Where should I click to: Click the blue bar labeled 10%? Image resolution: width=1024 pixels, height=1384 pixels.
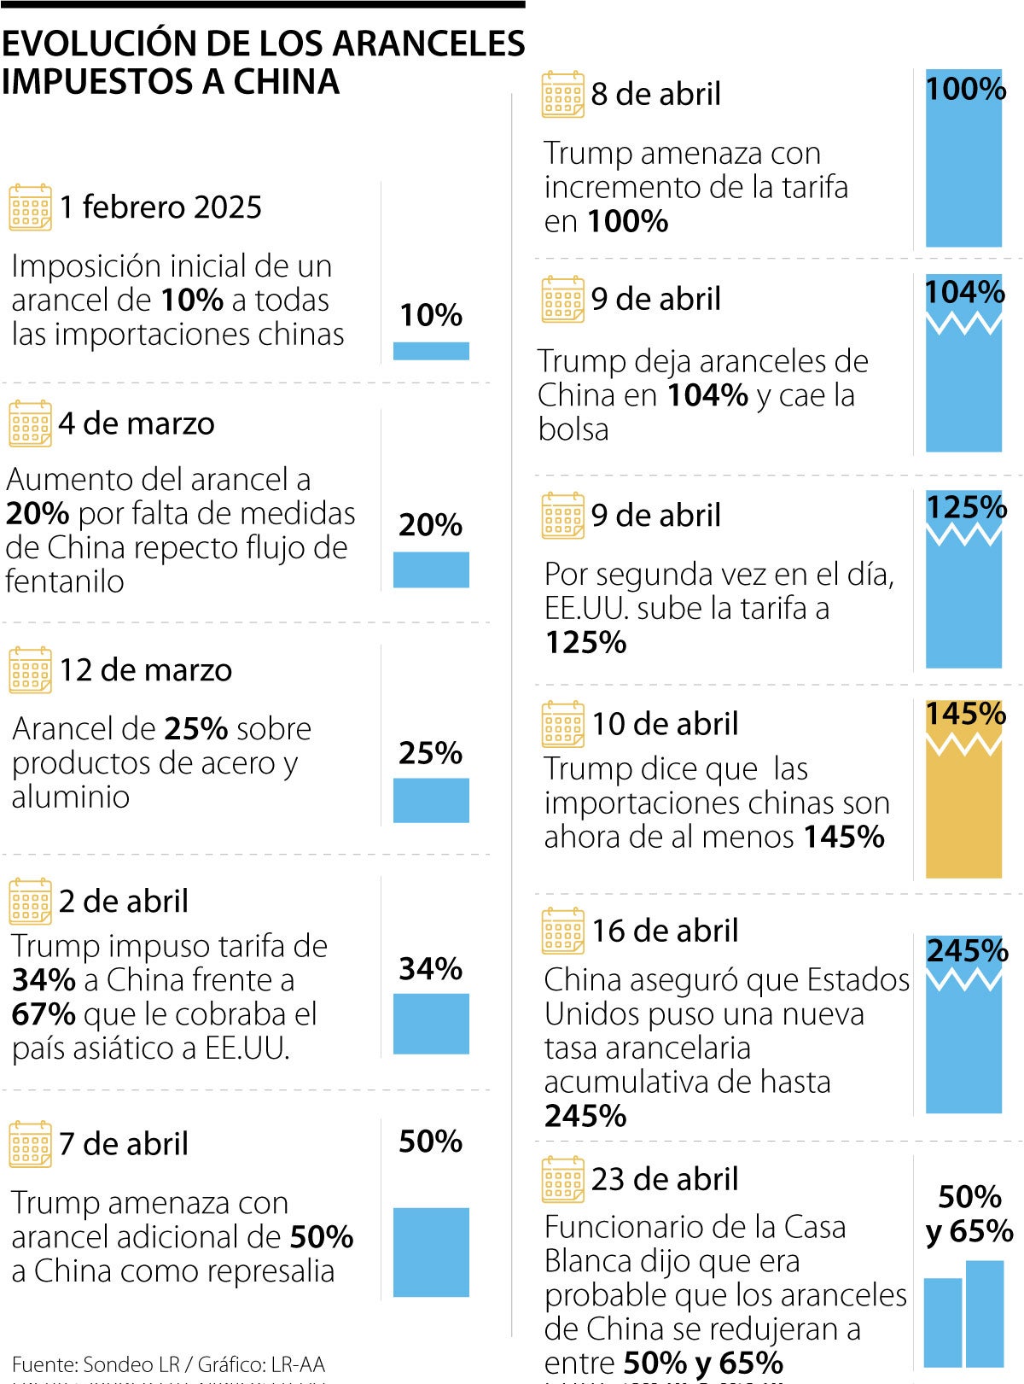coord(431,351)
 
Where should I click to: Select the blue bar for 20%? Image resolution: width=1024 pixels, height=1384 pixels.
coord(431,569)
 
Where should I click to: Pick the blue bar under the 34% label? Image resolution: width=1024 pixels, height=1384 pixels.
coord(431,1024)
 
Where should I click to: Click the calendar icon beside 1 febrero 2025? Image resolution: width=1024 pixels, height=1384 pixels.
coord(30,207)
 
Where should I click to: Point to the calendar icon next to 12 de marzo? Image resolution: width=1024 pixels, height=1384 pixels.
coord(30,670)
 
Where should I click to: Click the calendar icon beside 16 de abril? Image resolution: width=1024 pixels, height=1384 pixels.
coord(563,931)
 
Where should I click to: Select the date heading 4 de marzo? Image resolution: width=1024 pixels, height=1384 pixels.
coord(137,423)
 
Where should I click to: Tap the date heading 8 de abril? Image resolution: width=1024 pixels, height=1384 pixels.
coord(655,94)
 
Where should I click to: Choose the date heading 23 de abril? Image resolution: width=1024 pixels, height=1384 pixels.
coord(665,1179)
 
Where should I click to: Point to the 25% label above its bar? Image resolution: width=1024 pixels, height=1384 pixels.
coord(430,753)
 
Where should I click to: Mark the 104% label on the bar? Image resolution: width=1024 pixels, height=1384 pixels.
coord(965,292)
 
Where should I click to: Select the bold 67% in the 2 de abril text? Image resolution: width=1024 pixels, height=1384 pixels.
coord(44,1014)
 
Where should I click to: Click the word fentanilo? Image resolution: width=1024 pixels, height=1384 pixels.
coord(65,581)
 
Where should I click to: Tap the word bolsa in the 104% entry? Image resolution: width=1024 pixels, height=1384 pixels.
coord(573,429)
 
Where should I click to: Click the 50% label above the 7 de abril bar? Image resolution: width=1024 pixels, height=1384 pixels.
coord(430,1142)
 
